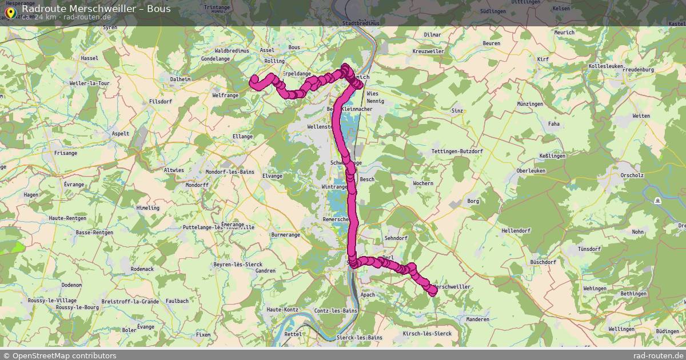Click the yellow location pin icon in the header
pyautogui.click(x=10, y=11)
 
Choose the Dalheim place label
pyautogui.click(x=180, y=79)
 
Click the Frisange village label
pyautogui.click(x=65, y=153)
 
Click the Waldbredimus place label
pyautogui.click(x=231, y=50)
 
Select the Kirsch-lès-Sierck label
pyautogui.click(x=427, y=333)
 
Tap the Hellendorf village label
pyautogui.click(x=516, y=230)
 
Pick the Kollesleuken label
pyautogui.click(x=605, y=66)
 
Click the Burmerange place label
pyautogui.click(x=285, y=234)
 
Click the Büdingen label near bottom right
pyautogui.click(x=667, y=331)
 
